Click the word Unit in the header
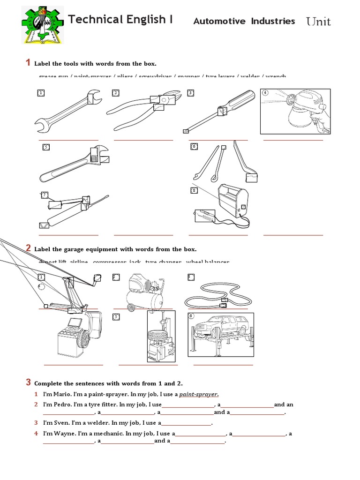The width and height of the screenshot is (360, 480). [318, 22]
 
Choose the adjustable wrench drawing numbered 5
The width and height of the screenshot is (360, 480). [75, 164]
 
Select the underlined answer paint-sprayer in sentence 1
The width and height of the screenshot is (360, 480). [199, 394]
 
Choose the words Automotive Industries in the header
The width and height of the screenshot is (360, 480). [244, 21]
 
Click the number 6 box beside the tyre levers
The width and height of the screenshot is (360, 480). [194, 147]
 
